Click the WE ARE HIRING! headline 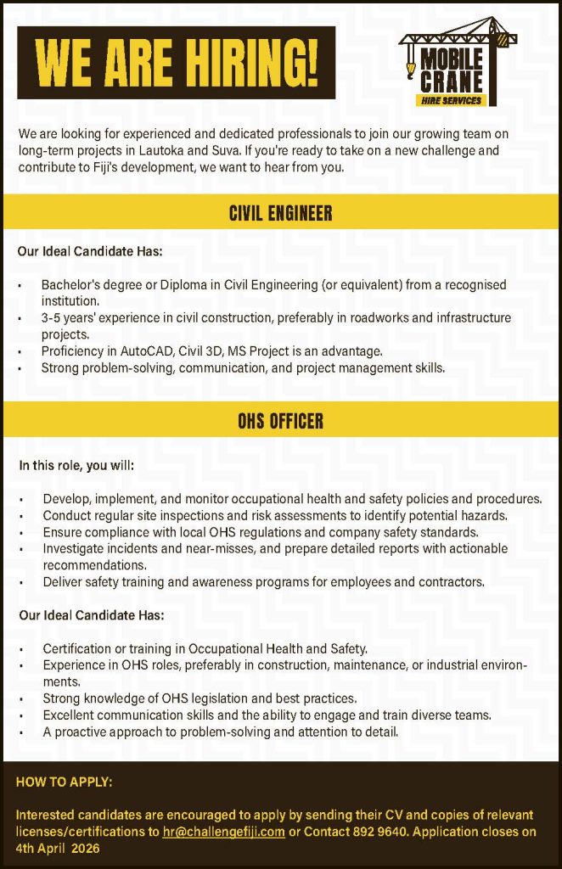[x=177, y=63]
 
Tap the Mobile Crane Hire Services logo [x=456, y=64]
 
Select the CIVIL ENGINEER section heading [x=280, y=212]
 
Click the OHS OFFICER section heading [x=280, y=421]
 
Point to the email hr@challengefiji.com [x=223, y=832]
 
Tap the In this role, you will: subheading [x=76, y=466]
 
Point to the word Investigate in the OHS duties [x=76, y=549]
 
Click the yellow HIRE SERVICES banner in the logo [x=451, y=100]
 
